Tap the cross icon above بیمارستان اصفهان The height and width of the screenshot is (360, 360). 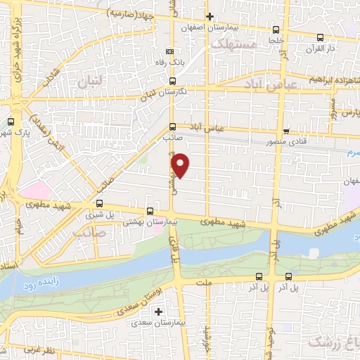tap(209, 15)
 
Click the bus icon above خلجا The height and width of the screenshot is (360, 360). tap(275, 30)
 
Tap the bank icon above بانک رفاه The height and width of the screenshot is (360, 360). tap(169, 51)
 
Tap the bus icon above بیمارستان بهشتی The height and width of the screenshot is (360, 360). tap(149, 211)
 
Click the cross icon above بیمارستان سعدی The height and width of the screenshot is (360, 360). tap(160, 311)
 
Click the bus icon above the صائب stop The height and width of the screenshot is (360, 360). tap(173, 127)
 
